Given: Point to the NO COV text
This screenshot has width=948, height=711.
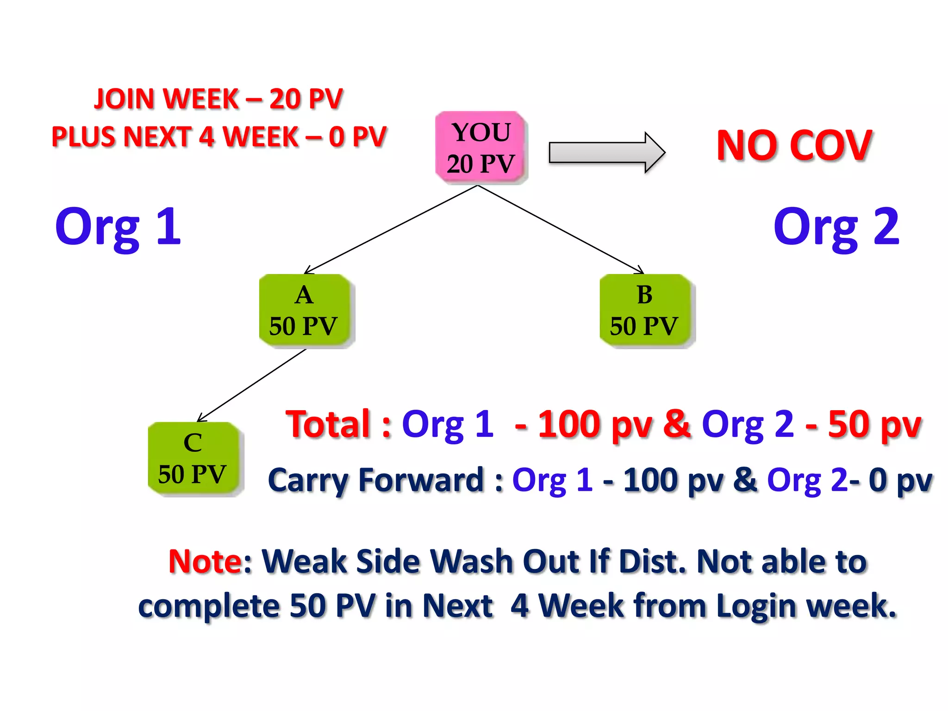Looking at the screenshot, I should pyautogui.click(x=794, y=146).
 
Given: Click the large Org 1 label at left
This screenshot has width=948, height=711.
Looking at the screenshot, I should pyautogui.click(x=118, y=227).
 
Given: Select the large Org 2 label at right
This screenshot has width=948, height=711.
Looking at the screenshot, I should pyautogui.click(x=836, y=227).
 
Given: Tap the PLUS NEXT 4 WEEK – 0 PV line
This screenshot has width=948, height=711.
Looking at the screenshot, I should pyautogui.click(x=218, y=137).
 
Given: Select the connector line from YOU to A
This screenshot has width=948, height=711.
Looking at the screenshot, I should pyautogui.click(x=391, y=230).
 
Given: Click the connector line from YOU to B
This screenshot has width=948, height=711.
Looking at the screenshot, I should pyautogui.click(x=560, y=229).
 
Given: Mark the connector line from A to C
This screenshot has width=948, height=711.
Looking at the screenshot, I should pyautogui.click(x=252, y=385).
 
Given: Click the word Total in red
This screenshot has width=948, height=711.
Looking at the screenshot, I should pyautogui.click(x=329, y=424).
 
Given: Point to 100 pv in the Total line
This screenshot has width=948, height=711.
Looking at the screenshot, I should pyautogui.click(x=595, y=425).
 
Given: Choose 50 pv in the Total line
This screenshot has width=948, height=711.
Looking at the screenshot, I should pyautogui.click(x=875, y=425).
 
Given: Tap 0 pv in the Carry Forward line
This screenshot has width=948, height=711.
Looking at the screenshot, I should pyautogui.click(x=900, y=481).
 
